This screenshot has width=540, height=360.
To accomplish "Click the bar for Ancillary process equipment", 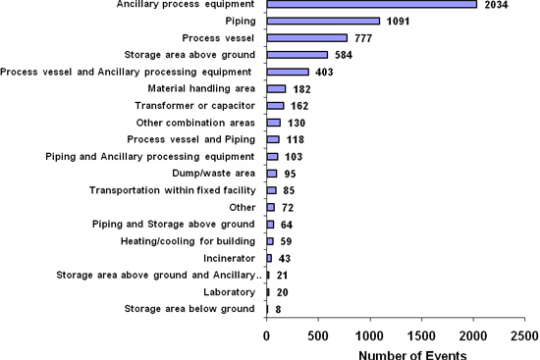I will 371,5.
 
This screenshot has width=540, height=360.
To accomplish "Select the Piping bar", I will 323,21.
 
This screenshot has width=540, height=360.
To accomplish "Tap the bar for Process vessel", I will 306,37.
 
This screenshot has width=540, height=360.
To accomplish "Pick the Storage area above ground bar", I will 297,55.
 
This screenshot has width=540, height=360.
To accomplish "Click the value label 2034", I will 498,6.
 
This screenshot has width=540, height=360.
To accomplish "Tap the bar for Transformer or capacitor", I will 275,106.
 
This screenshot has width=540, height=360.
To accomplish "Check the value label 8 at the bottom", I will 279,310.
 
